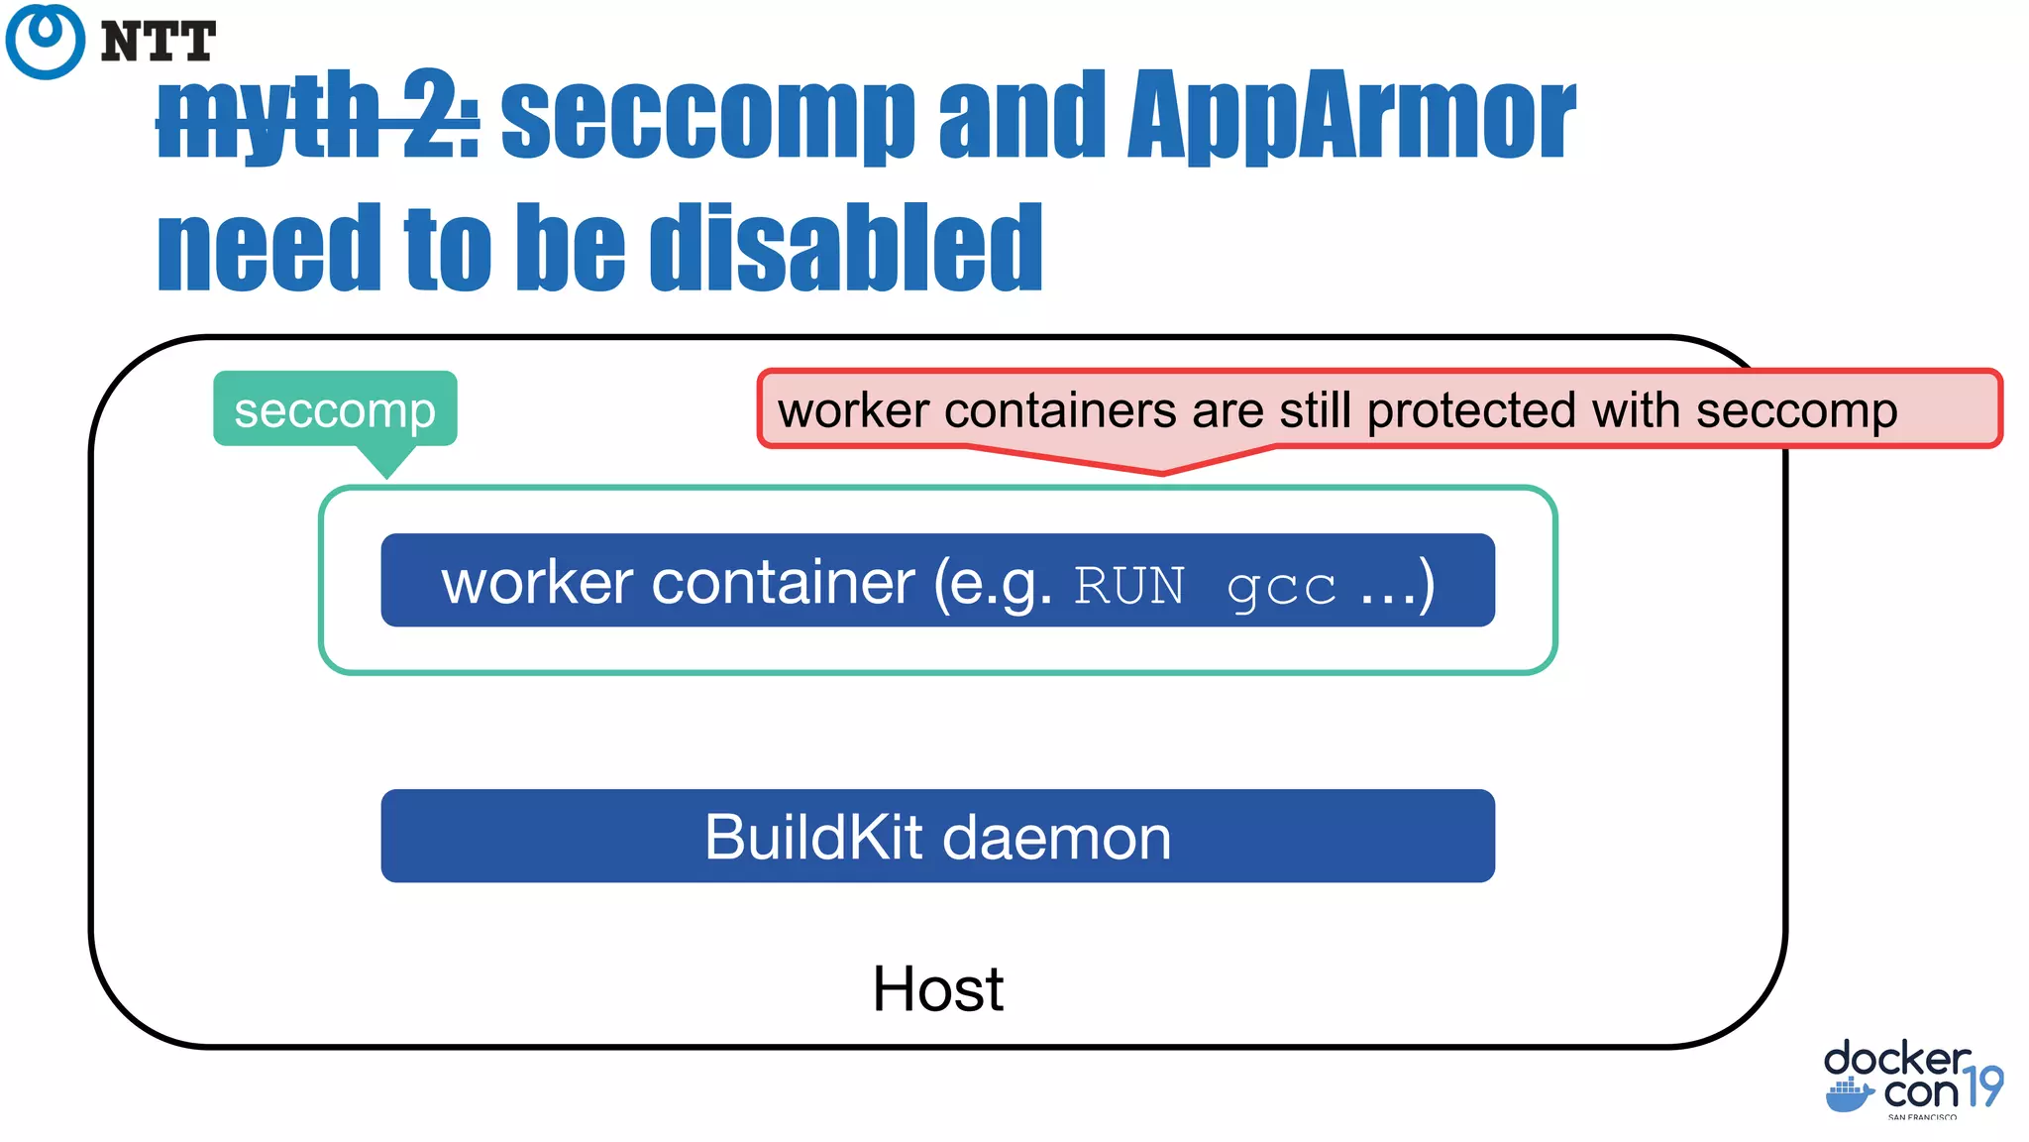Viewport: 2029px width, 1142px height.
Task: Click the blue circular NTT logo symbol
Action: [x=45, y=41]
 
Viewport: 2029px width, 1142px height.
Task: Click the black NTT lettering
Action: [x=159, y=43]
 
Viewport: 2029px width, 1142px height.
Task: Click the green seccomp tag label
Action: [x=335, y=409]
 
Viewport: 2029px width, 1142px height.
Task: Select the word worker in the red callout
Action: [x=853, y=410]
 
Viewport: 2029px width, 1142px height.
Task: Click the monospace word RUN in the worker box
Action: [x=1129, y=585]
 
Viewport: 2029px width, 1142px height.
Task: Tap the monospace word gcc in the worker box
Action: [x=1281, y=587]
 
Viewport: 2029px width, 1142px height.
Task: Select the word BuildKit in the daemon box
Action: [x=813, y=837]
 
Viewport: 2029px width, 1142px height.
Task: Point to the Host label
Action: [x=937, y=988]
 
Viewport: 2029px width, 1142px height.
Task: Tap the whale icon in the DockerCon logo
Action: [x=1849, y=1095]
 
